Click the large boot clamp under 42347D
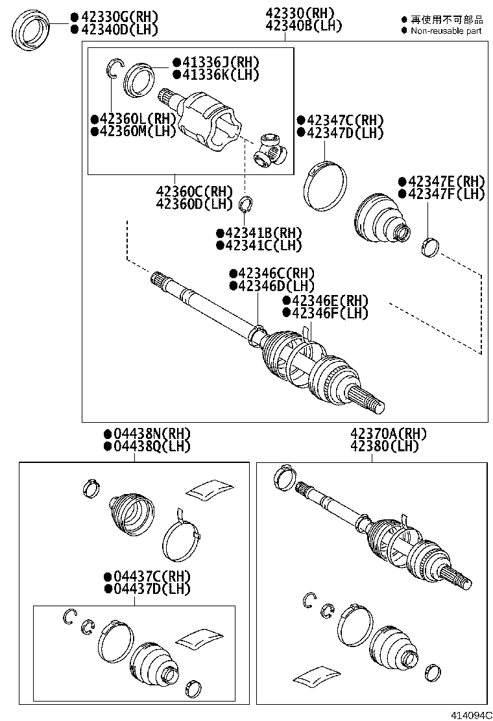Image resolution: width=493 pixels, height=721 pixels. (324, 185)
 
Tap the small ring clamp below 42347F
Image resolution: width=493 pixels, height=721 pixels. (430, 247)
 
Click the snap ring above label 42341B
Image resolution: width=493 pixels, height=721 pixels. (245, 206)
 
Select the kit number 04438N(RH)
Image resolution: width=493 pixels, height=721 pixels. (142, 434)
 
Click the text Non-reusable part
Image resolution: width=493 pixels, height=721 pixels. (446, 30)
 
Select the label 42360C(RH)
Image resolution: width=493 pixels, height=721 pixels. (194, 192)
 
